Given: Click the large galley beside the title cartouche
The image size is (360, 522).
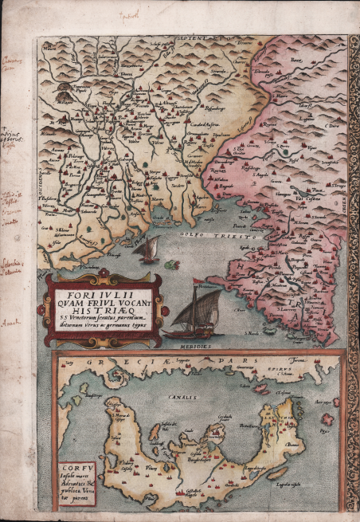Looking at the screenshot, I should coord(191,312).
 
